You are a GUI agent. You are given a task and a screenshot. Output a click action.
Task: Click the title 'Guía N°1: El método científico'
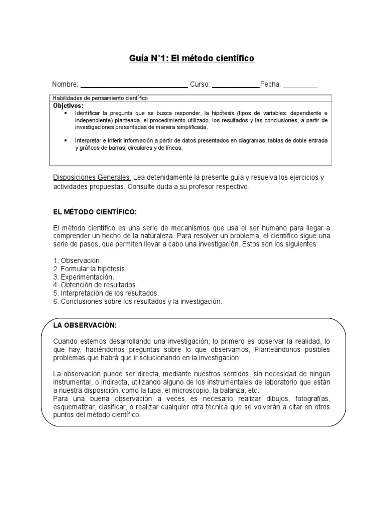pos(192,59)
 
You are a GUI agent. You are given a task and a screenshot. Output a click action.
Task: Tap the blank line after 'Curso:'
pos(235,86)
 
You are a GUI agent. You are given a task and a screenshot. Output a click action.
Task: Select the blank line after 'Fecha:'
pos(300,86)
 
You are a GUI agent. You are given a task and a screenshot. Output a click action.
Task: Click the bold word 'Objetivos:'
pos(68,106)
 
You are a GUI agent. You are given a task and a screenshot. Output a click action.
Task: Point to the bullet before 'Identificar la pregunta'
pos(66,114)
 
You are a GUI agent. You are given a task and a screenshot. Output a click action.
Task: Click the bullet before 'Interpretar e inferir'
pos(66,141)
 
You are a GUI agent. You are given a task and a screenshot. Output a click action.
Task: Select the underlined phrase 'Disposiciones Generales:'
pos(92,178)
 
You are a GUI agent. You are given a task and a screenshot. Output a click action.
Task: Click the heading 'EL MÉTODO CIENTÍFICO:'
pos(94,212)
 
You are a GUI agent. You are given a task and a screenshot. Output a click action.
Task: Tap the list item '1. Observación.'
pos(77,261)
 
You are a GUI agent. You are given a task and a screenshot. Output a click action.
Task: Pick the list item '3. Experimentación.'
pos(83,277)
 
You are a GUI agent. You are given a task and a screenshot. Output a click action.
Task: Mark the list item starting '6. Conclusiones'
pos(137,301)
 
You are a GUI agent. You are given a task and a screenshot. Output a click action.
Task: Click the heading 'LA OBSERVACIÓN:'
pos(85,325)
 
